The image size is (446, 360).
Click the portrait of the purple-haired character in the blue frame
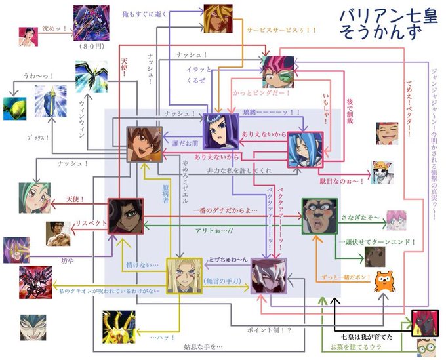[x=220, y=131]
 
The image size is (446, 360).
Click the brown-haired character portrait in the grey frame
[x=144, y=144]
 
